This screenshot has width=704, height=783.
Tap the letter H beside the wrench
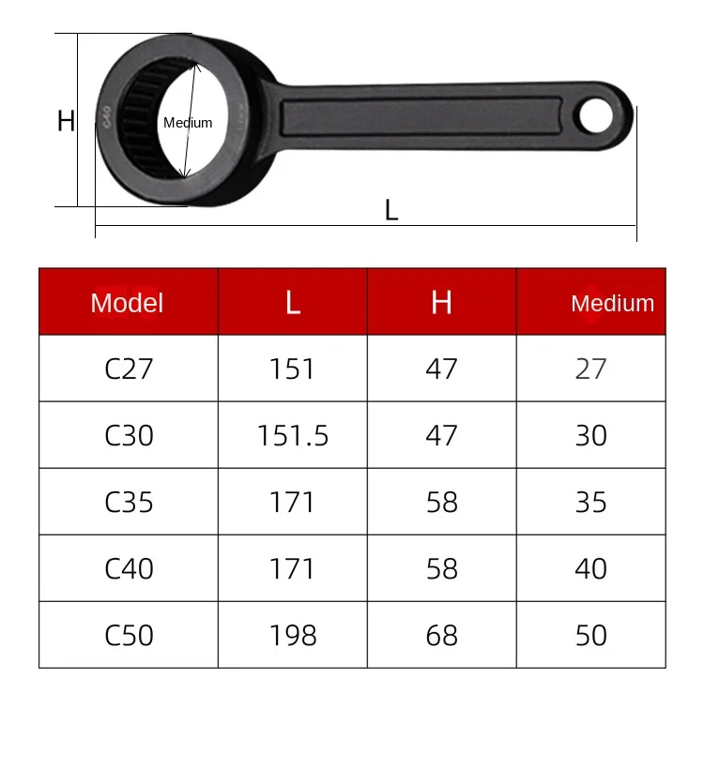pyautogui.click(x=66, y=121)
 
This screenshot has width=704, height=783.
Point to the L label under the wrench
pyautogui.click(x=391, y=210)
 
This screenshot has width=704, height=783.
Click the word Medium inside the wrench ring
pyautogui.click(x=188, y=123)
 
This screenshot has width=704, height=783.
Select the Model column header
pyautogui.click(x=128, y=303)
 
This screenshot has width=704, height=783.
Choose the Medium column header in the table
pyautogui.click(x=612, y=303)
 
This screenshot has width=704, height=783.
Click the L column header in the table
pyautogui.click(x=293, y=303)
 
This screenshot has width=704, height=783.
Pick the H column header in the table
pyautogui.click(x=441, y=303)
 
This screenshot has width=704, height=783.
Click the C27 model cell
pyautogui.click(x=129, y=369)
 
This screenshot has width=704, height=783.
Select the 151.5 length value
pyautogui.click(x=293, y=436)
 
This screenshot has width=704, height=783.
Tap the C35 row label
pyautogui.click(x=129, y=503)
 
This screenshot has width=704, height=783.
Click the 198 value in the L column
pyautogui.click(x=293, y=636)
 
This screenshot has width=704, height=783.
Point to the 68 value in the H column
pyautogui.click(x=441, y=636)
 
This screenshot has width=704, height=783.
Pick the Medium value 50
pyautogui.click(x=591, y=636)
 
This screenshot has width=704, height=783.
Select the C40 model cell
pyautogui.click(x=129, y=569)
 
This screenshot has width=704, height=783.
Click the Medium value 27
pyautogui.click(x=591, y=369)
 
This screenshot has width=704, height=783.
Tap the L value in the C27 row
pyautogui.click(x=293, y=369)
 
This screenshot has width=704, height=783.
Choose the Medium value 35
pyautogui.click(x=591, y=503)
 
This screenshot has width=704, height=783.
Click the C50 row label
pyautogui.click(x=129, y=636)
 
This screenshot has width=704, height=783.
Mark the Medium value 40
pyautogui.click(x=591, y=569)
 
